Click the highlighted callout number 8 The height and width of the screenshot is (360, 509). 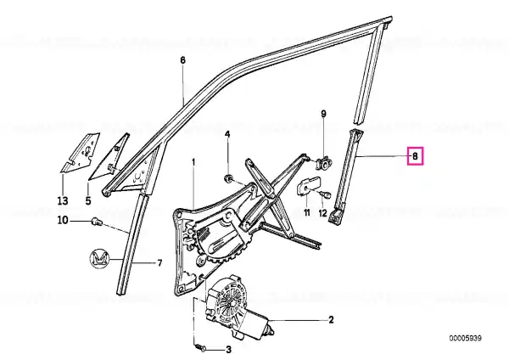click(x=415, y=156)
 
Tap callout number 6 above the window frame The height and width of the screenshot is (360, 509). click(x=182, y=60)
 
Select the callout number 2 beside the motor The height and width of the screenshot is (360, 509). click(x=331, y=320)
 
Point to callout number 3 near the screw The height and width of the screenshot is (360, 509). click(x=228, y=350)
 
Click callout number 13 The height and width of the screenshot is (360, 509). click(x=63, y=200)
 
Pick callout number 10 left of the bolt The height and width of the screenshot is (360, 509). click(x=63, y=220)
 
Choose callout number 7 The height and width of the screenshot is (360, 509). click(x=159, y=263)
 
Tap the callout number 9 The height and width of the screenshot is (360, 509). click(x=323, y=114)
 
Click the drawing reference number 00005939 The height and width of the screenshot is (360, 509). click(x=466, y=338)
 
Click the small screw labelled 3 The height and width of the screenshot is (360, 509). click(x=201, y=348)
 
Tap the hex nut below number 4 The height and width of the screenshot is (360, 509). click(x=228, y=177)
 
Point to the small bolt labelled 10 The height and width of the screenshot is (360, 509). click(x=97, y=222)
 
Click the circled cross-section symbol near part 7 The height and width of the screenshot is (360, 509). click(x=99, y=259)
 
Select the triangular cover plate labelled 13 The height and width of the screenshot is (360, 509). click(x=80, y=152)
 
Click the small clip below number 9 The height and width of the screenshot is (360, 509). click(x=322, y=162)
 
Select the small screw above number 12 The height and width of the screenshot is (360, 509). click(x=325, y=194)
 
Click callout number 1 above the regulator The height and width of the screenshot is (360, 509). click(x=193, y=162)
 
